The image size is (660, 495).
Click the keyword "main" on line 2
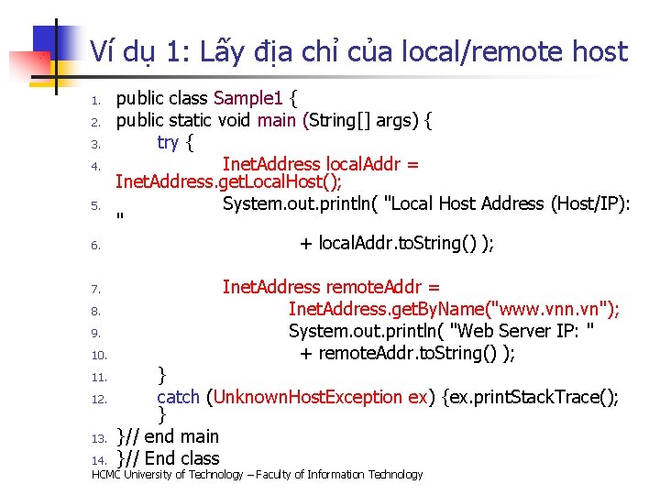coord(276,119)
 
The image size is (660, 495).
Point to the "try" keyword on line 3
coord(169,141)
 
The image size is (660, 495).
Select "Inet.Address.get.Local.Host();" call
coord(229,182)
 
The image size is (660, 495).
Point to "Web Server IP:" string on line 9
coord(526,331)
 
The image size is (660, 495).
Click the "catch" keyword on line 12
coord(179,397)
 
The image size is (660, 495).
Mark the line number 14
coord(100,459)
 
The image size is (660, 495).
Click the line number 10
coord(100,355)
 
